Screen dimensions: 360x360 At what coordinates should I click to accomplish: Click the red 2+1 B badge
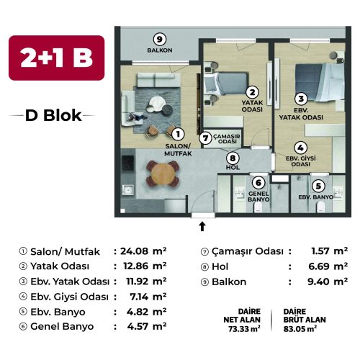[57, 58]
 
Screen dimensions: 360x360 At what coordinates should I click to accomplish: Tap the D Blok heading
[53, 115]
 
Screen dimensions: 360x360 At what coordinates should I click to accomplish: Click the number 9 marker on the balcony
[160, 39]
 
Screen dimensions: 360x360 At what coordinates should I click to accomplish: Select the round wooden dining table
[163, 174]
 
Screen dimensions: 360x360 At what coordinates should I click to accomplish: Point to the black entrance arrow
[202, 226]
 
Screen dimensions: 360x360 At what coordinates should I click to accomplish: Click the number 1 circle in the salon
[178, 134]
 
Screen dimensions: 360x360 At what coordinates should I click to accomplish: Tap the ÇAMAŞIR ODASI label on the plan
[227, 139]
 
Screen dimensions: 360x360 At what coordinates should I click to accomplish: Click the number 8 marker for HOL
[233, 158]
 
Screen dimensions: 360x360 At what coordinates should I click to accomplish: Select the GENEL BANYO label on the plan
[258, 197]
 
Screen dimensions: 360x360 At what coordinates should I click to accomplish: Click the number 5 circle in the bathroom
[318, 186]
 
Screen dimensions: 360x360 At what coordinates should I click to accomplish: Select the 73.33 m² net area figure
[244, 328]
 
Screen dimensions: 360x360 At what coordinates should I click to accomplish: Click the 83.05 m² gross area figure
[300, 328]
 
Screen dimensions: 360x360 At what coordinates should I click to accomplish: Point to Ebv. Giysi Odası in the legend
[69, 297]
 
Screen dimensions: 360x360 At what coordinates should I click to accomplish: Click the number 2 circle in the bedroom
[252, 92]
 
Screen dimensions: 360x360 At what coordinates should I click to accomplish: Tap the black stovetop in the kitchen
[127, 163]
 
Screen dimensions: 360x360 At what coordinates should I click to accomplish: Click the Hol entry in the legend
[220, 266]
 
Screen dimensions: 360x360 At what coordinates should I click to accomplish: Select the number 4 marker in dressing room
[300, 148]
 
